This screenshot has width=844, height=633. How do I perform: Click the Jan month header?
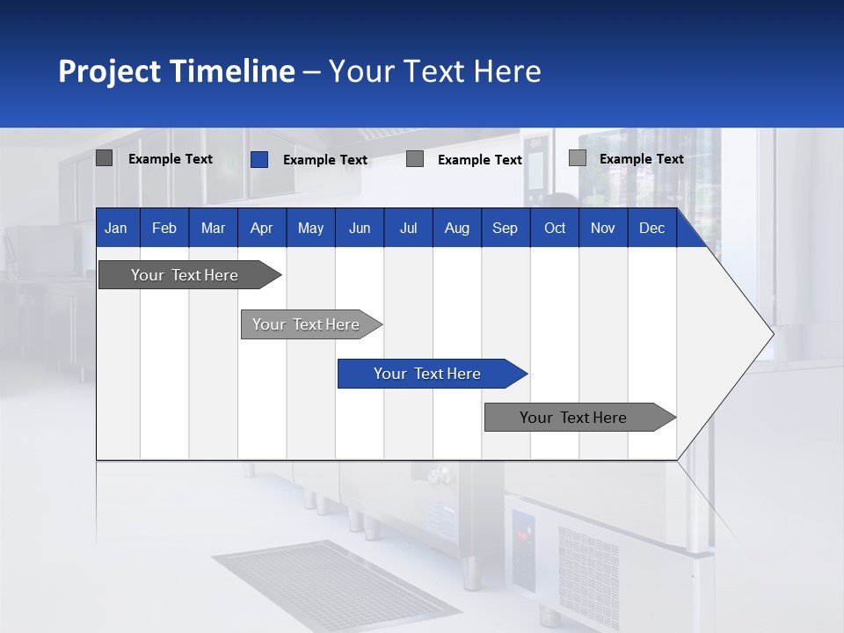point(117,228)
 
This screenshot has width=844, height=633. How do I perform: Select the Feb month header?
point(164,228)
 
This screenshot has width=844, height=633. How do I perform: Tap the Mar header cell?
point(213,228)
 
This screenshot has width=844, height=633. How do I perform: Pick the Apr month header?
point(262,228)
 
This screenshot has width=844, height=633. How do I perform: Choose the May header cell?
point(310,228)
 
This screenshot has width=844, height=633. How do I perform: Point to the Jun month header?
point(360,228)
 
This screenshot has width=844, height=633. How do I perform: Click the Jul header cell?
point(408,228)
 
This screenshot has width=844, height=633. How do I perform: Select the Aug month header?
point(457,228)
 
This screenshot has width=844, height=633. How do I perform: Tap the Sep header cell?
point(506,228)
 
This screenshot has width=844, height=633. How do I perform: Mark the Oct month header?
point(555,228)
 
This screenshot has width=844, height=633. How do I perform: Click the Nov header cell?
point(603,228)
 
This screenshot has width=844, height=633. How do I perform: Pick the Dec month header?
point(652,228)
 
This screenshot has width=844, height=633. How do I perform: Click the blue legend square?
point(259,159)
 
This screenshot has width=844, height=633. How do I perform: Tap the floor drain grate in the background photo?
point(334,585)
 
